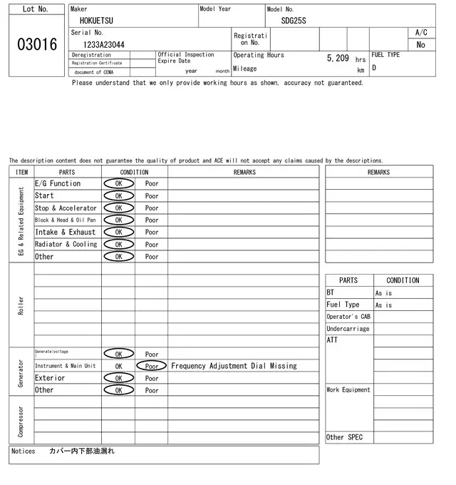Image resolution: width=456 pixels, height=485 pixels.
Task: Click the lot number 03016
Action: coord(36,45)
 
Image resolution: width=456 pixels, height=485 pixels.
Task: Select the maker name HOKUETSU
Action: coord(96,21)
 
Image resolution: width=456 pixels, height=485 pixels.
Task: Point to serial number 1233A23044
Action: coord(104,44)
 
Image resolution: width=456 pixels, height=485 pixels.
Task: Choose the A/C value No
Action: coord(420,44)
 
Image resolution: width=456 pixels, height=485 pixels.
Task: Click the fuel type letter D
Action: coord(374,68)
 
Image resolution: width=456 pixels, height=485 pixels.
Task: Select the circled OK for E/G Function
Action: coord(118,184)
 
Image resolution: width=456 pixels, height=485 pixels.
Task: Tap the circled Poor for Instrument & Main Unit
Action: coord(152,366)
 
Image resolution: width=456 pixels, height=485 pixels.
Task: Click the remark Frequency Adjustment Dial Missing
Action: coord(234,366)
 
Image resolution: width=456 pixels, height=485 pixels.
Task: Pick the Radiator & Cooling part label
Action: coord(66,245)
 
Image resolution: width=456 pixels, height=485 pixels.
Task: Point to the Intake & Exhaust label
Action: coord(65,233)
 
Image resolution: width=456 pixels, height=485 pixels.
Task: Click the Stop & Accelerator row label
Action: coord(66,208)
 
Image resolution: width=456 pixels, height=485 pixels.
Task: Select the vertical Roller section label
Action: coord(21,305)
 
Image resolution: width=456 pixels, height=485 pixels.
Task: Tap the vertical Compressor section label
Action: coord(21,421)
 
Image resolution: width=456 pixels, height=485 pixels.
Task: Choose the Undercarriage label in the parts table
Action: coord(348,329)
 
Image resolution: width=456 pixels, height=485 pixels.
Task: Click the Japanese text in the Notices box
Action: coord(82,451)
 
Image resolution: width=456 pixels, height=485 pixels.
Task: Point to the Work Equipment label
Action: coord(348,390)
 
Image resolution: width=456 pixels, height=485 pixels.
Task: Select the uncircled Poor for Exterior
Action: coord(152,378)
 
